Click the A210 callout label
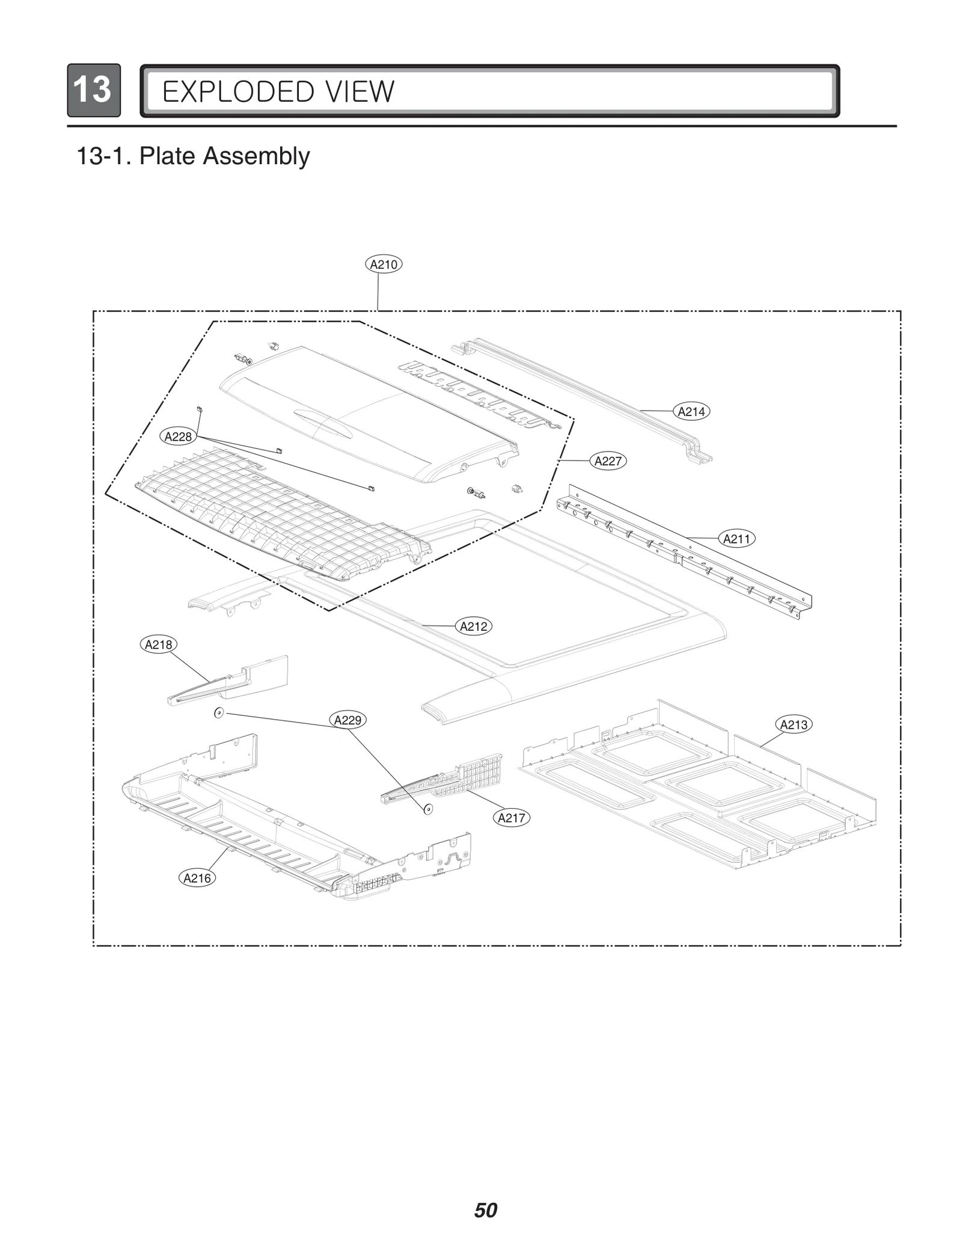[x=384, y=264]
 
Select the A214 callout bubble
[x=691, y=411]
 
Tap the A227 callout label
[x=608, y=461]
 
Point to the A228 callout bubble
[x=178, y=437]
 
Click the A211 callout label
[x=737, y=539]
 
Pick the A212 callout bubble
[x=474, y=626]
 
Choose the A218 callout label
[x=159, y=645]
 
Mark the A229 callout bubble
[x=348, y=720]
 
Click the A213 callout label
[x=794, y=725]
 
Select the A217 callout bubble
[x=512, y=818]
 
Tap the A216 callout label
[x=197, y=878]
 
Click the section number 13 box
[x=93, y=90]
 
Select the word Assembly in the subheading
[x=256, y=156]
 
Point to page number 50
[x=485, y=1210]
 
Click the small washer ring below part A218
[x=219, y=713]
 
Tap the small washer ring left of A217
[x=427, y=809]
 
